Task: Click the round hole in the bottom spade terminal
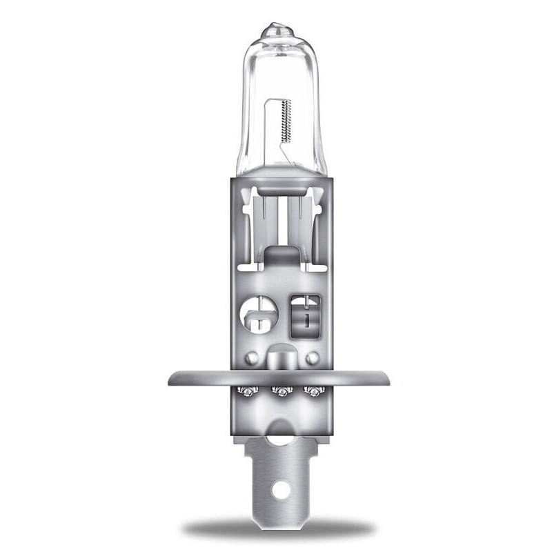pyautogui.click(x=280, y=490)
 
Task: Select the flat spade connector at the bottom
pyautogui.click(x=280, y=476)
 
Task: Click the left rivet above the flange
pyautogui.click(x=252, y=358)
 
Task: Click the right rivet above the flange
pyautogui.click(x=312, y=358)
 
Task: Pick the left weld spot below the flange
pyautogui.click(x=246, y=392)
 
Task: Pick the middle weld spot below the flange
pyautogui.click(x=280, y=392)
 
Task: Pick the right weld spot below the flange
pyautogui.click(x=315, y=392)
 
